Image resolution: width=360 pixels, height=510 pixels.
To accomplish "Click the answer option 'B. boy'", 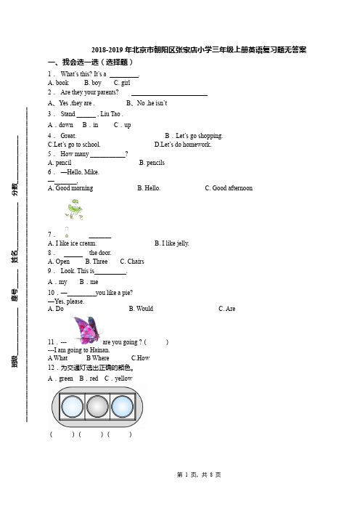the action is pyautogui.click(x=93, y=83).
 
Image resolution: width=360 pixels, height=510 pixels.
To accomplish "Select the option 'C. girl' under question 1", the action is pyautogui.click(x=122, y=83).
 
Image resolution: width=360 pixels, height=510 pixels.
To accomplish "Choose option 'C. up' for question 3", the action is pyautogui.click(x=122, y=125).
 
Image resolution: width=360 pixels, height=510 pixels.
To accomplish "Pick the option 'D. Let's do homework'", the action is pyautogui.click(x=183, y=145).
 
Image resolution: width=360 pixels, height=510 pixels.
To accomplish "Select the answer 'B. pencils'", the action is pyautogui.click(x=152, y=163).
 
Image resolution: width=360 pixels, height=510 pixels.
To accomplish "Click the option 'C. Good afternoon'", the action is pyautogui.click(x=229, y=188).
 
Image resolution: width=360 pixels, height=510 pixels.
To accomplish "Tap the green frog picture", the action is pyautogui.click(x=74, y=209).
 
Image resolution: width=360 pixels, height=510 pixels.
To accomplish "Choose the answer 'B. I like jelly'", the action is pyautogui.click(x=171, y=243).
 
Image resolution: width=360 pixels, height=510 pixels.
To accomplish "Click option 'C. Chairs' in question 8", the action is pyautogui.click(x=132, y=262).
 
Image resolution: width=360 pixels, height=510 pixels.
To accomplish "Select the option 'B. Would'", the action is pyautogui.click(x=141, y=309).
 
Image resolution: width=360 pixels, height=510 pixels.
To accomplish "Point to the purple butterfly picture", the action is pyautogui.click(x=86, y=329).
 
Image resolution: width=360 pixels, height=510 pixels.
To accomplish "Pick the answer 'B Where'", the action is pyautogui.click(x=98, y=358).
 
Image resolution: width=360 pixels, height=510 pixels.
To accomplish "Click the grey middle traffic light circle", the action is pyautogui.click(x=97, y=406).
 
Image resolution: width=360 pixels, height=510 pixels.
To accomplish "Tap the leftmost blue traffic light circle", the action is pyautogui.click(x=72, y=406).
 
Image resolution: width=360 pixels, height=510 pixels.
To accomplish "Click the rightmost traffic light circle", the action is pyautogui.click(x=122, y=406).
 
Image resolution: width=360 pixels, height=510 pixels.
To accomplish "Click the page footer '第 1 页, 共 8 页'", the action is pyautogui.click(x=199, y=475).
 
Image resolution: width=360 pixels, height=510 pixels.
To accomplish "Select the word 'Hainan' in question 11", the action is pyautogui.click(x=99, y=350).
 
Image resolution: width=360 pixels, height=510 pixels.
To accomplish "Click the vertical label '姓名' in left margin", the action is pyautogui.click(x=15, y=256).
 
